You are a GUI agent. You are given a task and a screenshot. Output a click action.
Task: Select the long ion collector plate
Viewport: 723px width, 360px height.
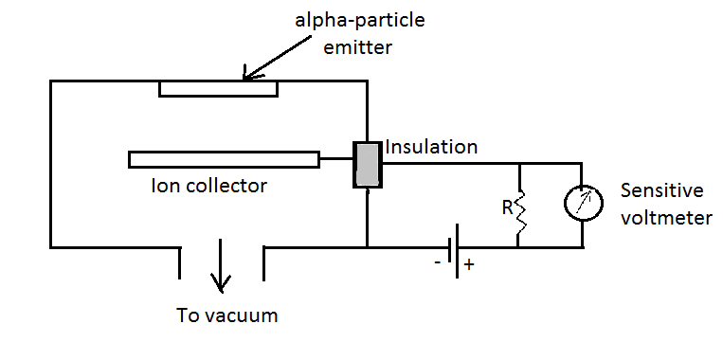[x=224, y=159]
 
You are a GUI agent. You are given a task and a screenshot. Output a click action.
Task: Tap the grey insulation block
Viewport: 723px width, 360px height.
[x=368, y=165]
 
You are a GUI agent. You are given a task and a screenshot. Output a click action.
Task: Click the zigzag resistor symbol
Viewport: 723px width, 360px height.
[x=520, y=213]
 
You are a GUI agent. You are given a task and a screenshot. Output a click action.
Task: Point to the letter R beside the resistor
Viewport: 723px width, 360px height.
[x=508, y=208]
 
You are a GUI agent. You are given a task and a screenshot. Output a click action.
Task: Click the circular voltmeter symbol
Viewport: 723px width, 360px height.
[x=584, y=203]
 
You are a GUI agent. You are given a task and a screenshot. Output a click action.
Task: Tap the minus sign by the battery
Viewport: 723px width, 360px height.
[x=437, y=261]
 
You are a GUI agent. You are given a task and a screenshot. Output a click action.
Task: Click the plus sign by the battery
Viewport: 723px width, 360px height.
[x=468, y=264]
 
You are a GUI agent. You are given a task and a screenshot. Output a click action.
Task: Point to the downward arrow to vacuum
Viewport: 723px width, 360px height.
[x=221, y=265]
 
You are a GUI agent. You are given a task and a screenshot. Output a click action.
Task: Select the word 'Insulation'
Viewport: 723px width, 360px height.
[x=431, y=147]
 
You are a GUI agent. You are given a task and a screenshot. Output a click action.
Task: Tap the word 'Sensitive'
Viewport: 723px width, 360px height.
[x=662, y=190]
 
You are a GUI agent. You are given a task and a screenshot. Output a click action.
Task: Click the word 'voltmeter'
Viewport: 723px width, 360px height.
[x=666, y=218]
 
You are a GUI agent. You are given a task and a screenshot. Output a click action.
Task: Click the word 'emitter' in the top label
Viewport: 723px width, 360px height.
[x=358, y=47]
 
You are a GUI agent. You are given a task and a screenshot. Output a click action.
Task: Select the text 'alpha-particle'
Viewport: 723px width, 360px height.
[x=360, y=21]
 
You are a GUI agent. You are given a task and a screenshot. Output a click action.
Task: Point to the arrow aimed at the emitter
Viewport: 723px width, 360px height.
[x=277, y=59]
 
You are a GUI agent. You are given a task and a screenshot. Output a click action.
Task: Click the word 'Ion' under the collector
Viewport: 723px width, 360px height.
[x=165, y=186]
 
